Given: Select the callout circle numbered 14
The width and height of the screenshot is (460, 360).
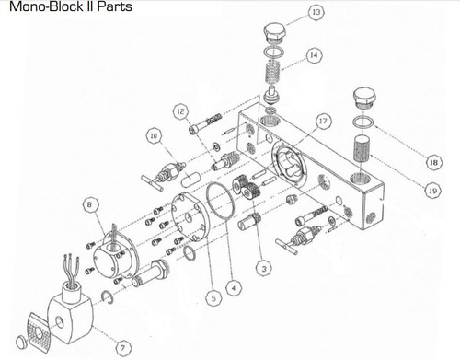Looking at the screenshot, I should coord(315,56).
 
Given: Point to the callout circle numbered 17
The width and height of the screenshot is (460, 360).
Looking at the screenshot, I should coord(322,121).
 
